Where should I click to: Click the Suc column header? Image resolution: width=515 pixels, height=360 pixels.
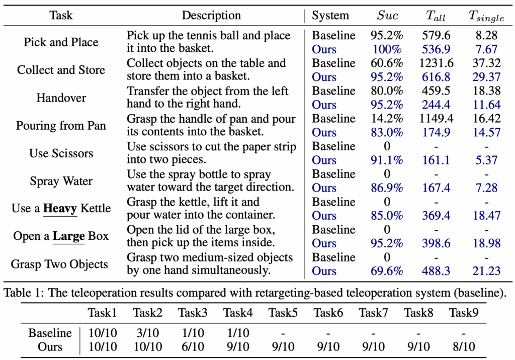pos(387,16)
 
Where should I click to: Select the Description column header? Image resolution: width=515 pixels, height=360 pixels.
pos(211,16)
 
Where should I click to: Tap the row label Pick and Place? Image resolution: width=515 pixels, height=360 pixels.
pos(61,42)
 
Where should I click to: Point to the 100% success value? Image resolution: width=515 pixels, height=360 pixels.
pos(387,49)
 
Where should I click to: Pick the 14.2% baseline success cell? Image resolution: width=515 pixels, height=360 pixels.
pos(387,119)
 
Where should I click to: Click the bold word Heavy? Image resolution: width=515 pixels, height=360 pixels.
pos(60,208)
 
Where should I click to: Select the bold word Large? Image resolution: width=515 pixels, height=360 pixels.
pos(69,236)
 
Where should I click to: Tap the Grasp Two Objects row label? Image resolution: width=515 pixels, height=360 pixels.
pos(59,264)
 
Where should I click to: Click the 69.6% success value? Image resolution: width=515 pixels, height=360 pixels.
pos(387,271)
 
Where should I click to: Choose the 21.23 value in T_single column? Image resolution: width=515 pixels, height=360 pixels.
pos(486,271)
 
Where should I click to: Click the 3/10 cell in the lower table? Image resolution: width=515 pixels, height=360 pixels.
pos(148,333)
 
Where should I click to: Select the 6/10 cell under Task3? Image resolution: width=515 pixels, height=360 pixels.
pos(193,346)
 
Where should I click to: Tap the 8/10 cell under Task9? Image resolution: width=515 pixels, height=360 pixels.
pos(464,346)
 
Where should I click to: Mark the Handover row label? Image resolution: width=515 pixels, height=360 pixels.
pos(61,98)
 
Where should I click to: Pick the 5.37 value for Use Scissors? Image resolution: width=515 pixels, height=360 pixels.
pos(486,160)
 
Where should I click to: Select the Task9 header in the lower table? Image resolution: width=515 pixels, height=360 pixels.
pos(464,313)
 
